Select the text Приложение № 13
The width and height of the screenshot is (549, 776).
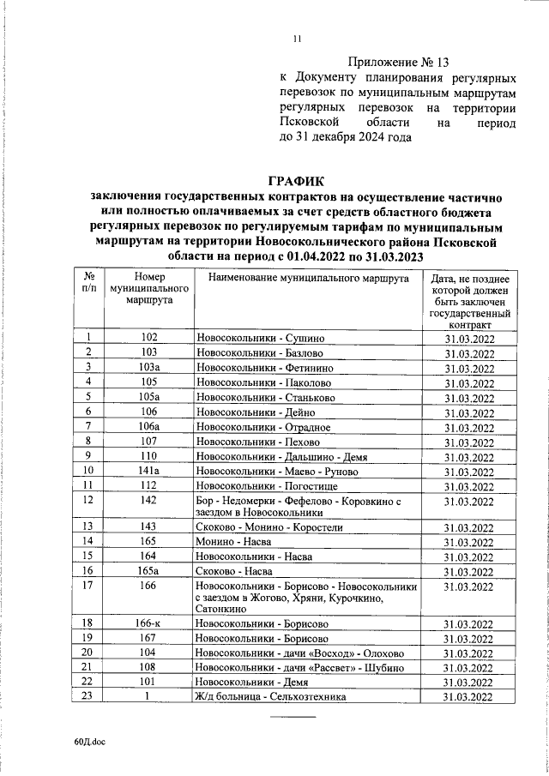pos(401,62)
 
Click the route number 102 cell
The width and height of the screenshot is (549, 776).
pos(149,339)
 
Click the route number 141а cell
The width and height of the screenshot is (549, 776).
pos(149,471)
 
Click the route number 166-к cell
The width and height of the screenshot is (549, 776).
pos(149,623)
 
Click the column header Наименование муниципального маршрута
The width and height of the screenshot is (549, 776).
pos(307,280)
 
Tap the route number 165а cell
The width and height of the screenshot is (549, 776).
pos(149,570)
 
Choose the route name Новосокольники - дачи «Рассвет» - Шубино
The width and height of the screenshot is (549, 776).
pos(296,667)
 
